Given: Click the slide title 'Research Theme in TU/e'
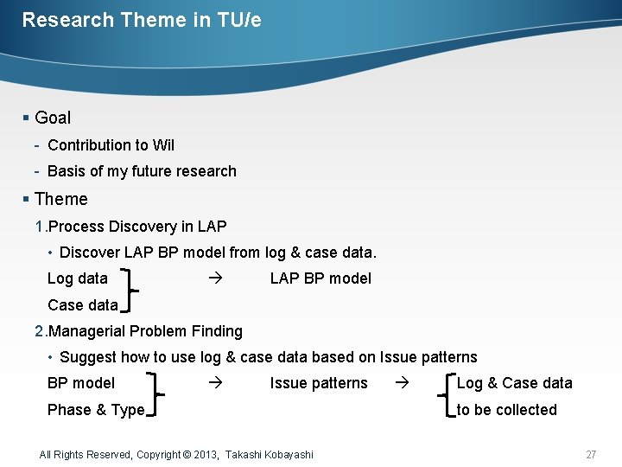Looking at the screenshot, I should [x=142, y=20].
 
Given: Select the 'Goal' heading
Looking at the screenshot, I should [x=53, y=118].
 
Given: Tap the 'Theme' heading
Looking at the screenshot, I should [x=60, y=199].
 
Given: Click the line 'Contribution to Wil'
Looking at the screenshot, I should [x=111, y=145].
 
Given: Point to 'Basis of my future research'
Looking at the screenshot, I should [x=142, y=171].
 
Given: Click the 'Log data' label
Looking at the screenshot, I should [x=78, y=278].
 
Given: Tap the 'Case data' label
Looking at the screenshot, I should [x=83, y=305].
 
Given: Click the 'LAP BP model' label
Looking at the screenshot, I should [x=321, y=278].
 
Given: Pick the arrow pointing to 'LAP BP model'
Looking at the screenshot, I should [x=215, y=278].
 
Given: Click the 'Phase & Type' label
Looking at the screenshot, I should [x=96, y=410].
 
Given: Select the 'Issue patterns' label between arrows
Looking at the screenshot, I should [x=319, y=383].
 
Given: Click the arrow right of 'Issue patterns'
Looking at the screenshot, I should [x=401, y=382].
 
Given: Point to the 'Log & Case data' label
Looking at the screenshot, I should [x=514, y=383].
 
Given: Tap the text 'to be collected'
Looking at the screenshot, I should [x=506, y=410].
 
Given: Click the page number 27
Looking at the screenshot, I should [x=591, y=454].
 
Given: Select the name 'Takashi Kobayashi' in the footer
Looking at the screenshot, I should [x=270, y=454].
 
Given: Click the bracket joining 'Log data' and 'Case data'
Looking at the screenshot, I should [x=130, y=291].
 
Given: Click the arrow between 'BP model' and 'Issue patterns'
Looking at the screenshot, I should [x=215, y=382].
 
